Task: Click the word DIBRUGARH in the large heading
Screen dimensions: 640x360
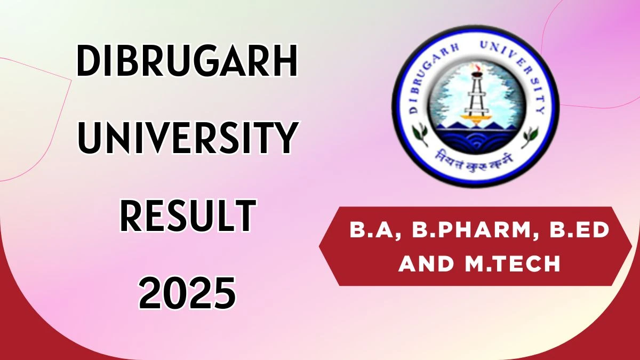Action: (x=187, y=61)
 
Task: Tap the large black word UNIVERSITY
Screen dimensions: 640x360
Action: (x=188, y=138)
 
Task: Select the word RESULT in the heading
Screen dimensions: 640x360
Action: (x=188, y=215)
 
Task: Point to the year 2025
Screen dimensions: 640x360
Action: (x=187, y=293)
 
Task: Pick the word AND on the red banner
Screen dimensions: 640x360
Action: (x=426, y=263)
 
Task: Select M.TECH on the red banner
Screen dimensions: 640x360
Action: (x=513, y=263)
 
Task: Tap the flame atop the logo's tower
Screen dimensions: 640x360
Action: (x=476, y=67)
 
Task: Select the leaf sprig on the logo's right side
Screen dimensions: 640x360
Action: (x=530, y=137)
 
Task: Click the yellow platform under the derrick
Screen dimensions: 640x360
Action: (x=475, y=117)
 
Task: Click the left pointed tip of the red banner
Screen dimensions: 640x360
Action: (x=319, y=246)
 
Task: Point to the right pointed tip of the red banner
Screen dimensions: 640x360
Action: (x=631, y=246)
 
